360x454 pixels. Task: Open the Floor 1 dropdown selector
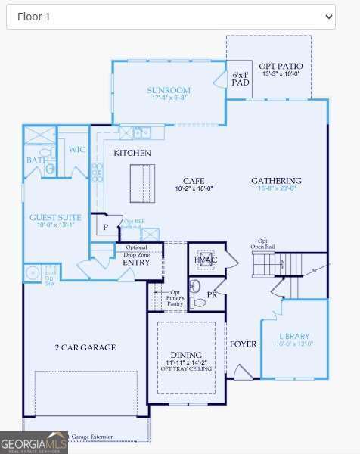tap(170, 16)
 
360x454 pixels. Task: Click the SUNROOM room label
tap(168, 90)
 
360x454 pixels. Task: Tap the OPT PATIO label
tap(280, 66)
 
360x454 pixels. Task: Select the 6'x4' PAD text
tap(241, 79)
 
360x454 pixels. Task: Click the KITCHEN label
tap(132, 153)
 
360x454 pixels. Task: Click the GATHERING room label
tap(276, 181)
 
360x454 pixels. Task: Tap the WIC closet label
tap(76, 149)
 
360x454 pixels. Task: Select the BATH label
tap(37, 160)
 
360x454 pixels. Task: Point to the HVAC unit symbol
tap(206, 259)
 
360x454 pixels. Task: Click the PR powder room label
tap(212, 294)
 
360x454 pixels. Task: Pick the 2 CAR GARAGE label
tap(85, 347)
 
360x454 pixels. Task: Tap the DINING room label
tap(186, 355)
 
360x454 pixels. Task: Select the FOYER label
tap(243, 344)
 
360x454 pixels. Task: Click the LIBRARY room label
tap(294, 336)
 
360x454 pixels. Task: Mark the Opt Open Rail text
tap(263, 244)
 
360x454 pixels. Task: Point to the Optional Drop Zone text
tap(136, 251)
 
